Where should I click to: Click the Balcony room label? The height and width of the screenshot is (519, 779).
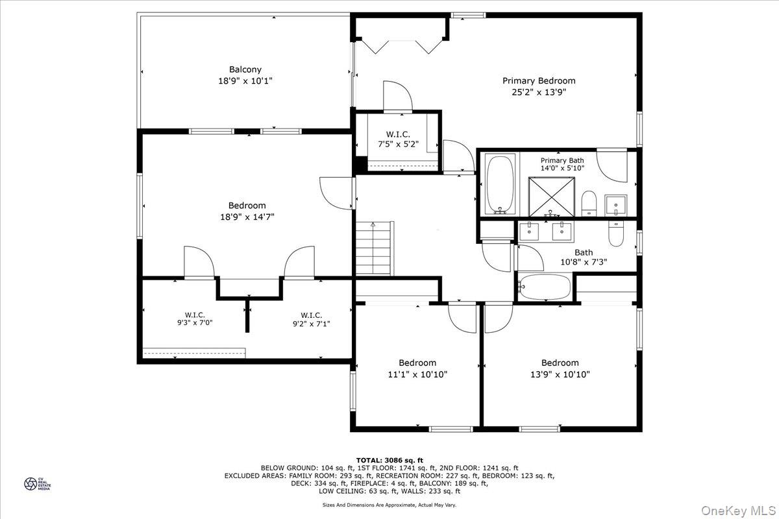coord(245,69)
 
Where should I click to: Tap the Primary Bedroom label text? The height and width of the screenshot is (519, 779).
coord(539,81)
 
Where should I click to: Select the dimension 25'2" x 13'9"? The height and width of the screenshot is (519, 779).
coord(539,92)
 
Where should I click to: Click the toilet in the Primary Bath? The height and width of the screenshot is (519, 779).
coord(589,202)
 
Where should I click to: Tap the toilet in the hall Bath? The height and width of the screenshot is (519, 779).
coord(615,233)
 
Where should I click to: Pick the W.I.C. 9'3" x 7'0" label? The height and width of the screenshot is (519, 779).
coord(195,320)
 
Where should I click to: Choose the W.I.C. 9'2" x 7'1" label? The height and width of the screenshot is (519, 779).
coord(312,320)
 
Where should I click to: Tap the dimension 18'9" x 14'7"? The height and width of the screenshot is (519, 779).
coord(247,217)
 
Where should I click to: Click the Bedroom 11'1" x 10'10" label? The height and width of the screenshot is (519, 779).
coord(417,368)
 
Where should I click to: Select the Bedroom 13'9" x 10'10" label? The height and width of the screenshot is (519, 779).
coord(560,368)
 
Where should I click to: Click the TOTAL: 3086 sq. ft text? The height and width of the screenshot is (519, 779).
coord(389,460)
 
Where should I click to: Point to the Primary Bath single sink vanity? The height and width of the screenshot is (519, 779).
coord(615,205)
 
